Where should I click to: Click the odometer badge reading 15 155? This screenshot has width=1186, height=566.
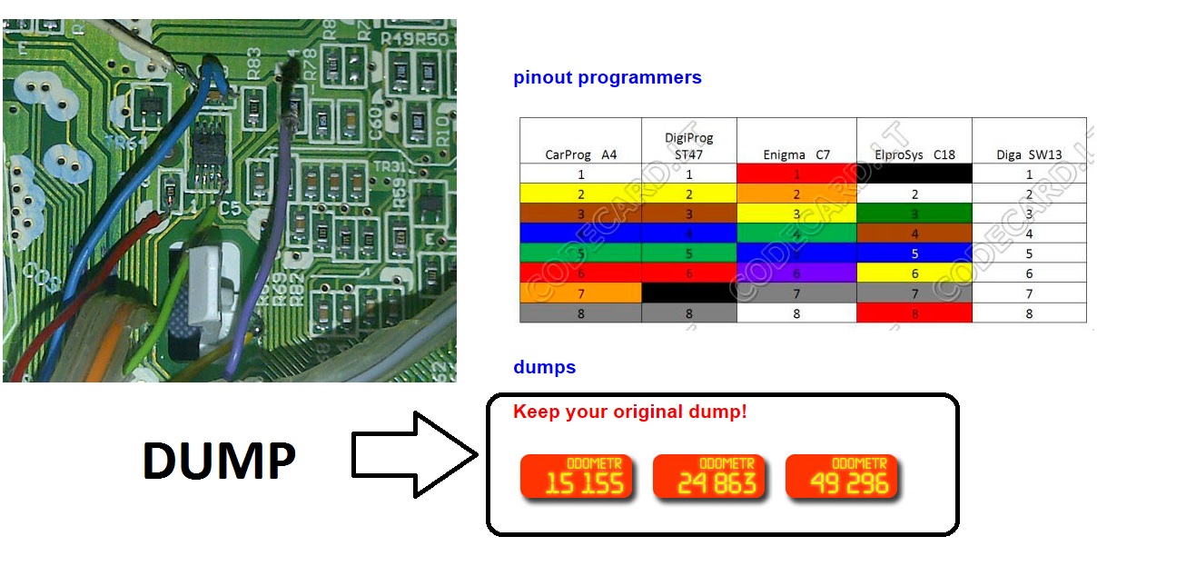pos(576,477)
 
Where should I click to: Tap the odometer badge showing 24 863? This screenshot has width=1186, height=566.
pos(708,477)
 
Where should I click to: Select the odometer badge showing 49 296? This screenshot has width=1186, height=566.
pos(841,477)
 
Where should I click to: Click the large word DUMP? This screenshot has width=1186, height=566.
pos(219,461)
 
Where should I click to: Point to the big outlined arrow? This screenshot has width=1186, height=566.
pos(413,454)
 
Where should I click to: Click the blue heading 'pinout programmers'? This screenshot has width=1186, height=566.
pos(607,78)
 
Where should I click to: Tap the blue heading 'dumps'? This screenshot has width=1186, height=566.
pos(544,368)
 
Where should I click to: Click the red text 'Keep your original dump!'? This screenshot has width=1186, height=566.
pos(629,412)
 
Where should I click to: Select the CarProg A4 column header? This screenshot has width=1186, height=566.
pos(580,154)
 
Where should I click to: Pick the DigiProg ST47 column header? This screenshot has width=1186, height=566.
pos(688,146)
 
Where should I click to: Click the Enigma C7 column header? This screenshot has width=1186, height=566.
pos(796,154)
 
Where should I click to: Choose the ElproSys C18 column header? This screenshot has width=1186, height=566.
pos(914,154)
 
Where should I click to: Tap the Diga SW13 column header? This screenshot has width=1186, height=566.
pos(1028,154)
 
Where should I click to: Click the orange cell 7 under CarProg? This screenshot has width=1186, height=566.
pos(580,293)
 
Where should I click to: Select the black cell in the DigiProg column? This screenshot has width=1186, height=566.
pos(688,293)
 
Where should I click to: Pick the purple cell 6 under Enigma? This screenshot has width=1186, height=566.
pos(796,273)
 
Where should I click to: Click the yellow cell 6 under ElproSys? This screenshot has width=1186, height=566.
pos(914,273)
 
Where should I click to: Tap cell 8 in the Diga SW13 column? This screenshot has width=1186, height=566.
pos(1028,313)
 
